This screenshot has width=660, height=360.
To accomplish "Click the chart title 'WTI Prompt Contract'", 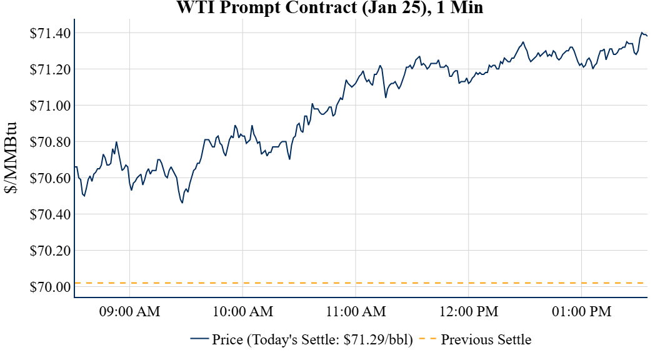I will pos(329,8).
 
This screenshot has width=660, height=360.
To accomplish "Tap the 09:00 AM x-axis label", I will pos(129,311).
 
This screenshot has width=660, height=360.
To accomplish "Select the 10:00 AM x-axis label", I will pos(242,311).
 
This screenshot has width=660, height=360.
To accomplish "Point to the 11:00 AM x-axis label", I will pos(356,311).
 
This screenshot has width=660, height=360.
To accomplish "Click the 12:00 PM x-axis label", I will pos(469,311).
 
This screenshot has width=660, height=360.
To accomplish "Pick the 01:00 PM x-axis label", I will pos(582,311).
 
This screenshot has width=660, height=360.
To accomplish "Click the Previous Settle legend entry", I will pos(486,340).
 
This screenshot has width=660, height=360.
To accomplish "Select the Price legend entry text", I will pos(312,340).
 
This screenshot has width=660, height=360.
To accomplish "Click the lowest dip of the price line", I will pos(182,202).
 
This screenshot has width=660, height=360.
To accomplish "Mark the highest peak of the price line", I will pos(642,32).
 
